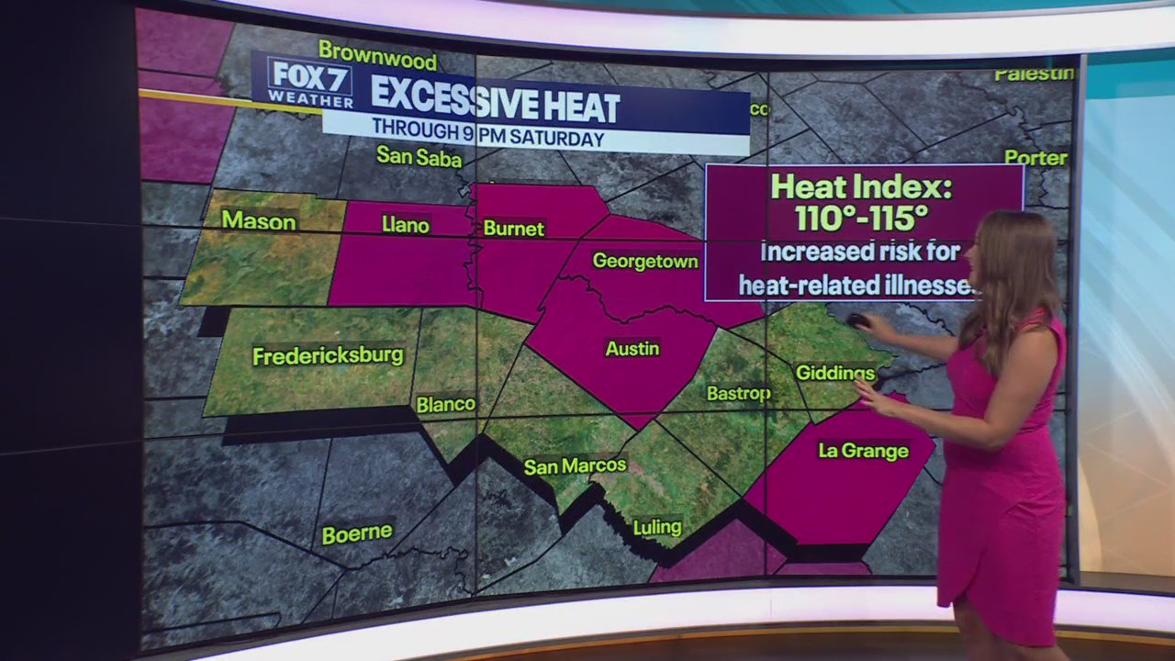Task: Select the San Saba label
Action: (x=419, y=157)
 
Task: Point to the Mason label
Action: (x=259, y=221)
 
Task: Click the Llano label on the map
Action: (x=405, y=225)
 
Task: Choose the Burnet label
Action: (x=513, y=229)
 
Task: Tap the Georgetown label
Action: (x=645, y=261)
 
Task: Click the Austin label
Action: (x=632, y=349)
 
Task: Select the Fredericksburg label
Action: (x=328, y=355)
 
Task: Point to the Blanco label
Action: (x=445, y=404)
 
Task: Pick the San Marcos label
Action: (x=575, y=466)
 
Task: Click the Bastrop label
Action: (x=738, y=394)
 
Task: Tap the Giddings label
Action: (x=834, y=373)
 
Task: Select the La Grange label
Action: (x=863, y=451)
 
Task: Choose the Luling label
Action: (x=657, y=527)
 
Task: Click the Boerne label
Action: (x=357, y=533)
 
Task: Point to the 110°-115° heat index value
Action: (x=862, y=219)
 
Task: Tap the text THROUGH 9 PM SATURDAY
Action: (x=487, y=139)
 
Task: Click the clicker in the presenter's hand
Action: (x=856, y=320)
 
